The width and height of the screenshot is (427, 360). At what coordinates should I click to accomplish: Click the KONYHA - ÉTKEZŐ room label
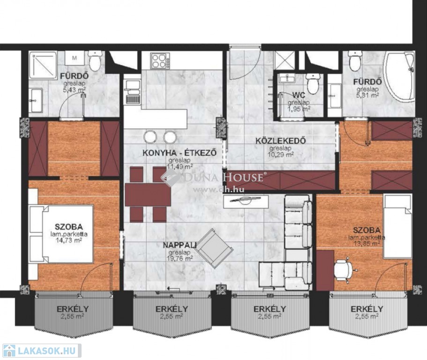point(180,152)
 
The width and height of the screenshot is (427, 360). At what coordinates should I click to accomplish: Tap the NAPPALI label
point(180,245)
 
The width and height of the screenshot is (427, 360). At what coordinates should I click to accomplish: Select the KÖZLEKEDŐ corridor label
point(280,141)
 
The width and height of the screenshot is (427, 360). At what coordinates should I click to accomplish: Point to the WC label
point(299,95)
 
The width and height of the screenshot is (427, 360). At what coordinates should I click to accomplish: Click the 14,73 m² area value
point(68,240)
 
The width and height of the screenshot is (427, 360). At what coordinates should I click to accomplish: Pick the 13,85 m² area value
point(367,244)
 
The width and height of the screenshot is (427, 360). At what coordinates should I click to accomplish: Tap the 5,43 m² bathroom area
point(75,90)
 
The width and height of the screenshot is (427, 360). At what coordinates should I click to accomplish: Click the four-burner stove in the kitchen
point(159,61)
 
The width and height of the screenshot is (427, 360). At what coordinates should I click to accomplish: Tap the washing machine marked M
point(75,58)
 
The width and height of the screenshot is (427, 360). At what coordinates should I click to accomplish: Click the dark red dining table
point(148,195)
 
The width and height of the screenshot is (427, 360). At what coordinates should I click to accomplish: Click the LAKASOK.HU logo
point(42,351)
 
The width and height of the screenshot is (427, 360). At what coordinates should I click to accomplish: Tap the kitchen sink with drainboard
point(132,92)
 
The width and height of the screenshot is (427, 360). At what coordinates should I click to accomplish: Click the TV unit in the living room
point(245,202)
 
